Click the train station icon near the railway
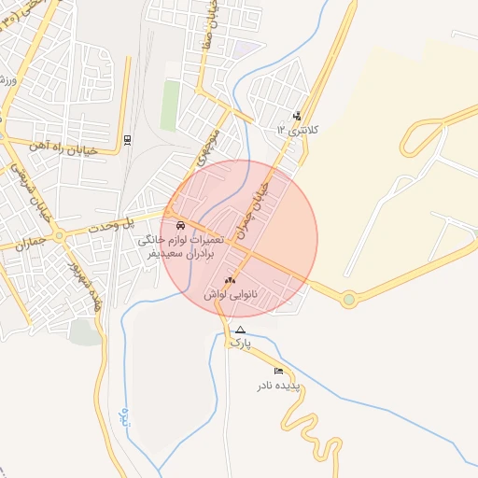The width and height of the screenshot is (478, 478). [x=127, y=140]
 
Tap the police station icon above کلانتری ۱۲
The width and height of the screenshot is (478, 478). [x=297, y=117]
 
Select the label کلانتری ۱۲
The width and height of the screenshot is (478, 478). [x=298, y=130]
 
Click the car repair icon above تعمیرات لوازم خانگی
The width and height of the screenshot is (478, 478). [x=180, y=226]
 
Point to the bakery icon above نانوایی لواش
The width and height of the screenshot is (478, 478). [x=231, y=280]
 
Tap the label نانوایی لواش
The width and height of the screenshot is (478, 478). [x=229, y=294]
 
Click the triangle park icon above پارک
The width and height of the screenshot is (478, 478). [x=241, y=330]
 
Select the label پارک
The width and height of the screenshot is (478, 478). [x=241, y=344]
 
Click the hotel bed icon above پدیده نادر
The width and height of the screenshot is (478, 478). [x=278, y=372]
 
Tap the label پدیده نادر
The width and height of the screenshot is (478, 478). [x=279, y=385]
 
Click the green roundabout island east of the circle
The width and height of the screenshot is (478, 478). [x=349, y=300]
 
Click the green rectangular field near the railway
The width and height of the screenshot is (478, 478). [x=169, y=105]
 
